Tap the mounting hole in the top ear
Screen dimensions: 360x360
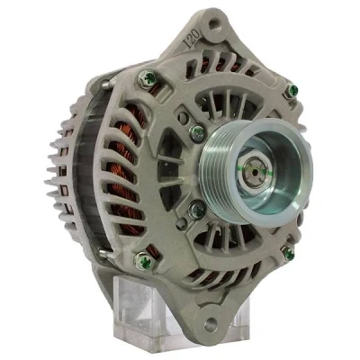(x=214, y=24)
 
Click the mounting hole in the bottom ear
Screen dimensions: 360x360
(x=210, y=323)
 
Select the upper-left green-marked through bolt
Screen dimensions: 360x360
(x=148, y=78)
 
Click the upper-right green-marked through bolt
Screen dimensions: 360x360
(x=291, y=91)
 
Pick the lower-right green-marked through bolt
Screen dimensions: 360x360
(x=288, y=253)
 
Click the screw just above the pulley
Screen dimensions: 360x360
(x=198, y=133)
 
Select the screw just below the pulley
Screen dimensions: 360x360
(x=197, y=210)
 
